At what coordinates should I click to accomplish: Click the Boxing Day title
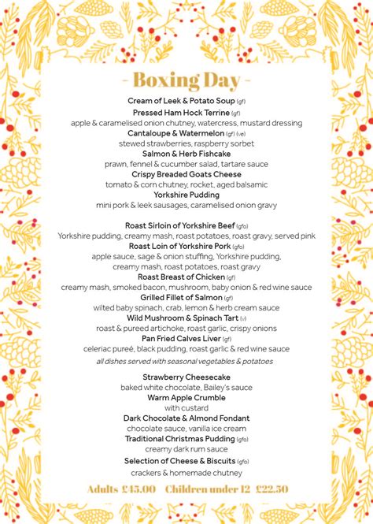tap(186, 80)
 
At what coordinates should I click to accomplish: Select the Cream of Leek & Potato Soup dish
tap(181, 102)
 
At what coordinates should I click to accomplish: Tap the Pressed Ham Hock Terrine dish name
tap(181, 113)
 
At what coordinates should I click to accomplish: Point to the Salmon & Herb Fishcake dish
tap(186, 154)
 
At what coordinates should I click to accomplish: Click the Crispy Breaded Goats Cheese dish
tap(186, 174)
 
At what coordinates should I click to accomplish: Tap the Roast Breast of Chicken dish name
tap(181, 277)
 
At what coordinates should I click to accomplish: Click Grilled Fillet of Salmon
tap(181, 298)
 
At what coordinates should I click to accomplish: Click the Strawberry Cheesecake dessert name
tap(186, 377)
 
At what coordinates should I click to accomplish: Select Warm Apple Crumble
tap(186, 398)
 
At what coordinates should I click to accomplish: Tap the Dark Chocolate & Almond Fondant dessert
tap(186, 418)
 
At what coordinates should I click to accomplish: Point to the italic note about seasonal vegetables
tap(185, 361)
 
